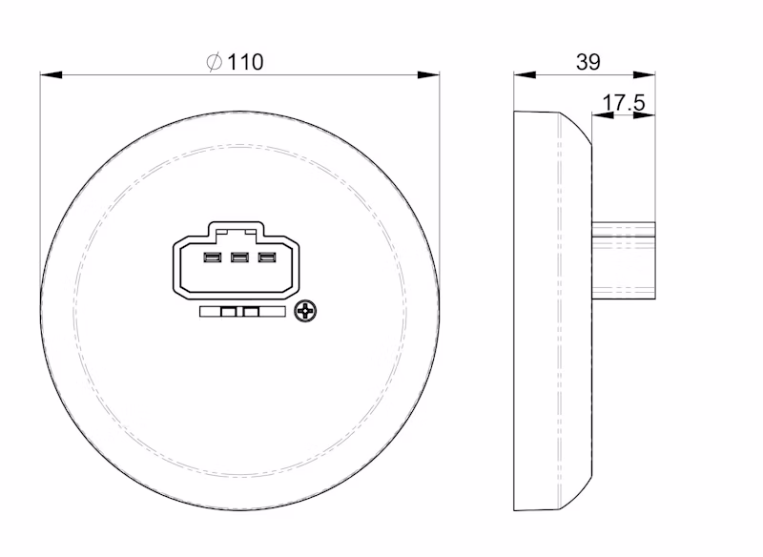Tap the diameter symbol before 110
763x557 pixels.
[214, 62]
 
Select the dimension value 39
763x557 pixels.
[588, 62]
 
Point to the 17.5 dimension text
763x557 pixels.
[625, 102]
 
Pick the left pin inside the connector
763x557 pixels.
[211, 257]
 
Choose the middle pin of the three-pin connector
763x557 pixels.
[239, 257]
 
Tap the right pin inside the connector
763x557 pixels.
[268, 257]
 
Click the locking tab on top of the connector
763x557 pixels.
[237, 229]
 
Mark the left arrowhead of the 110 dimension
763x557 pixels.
[48, 73]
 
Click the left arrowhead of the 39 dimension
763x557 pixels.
[521, 73]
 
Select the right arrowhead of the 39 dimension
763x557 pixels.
[650, 73]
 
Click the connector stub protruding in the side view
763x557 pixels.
[625, 259]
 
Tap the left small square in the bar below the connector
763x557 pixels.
[228, 311]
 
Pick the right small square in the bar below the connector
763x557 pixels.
[252, 311]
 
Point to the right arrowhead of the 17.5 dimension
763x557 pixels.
[650, 115]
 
